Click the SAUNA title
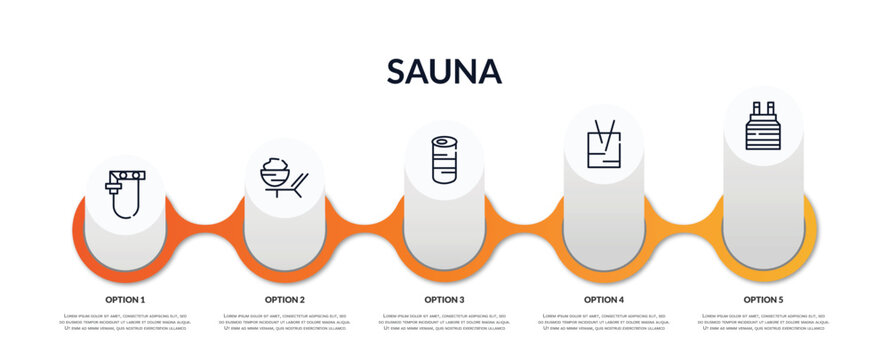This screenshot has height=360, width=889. tap(444, 71)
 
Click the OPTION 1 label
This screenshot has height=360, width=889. tap(125, 299)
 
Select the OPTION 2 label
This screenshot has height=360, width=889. tap(285, 299)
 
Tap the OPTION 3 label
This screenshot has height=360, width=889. tap(444, 299)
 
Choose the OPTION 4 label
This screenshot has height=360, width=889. tap(604, 299)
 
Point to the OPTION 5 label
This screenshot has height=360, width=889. tap(763, 299)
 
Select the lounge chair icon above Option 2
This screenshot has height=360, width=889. tap(284, 177)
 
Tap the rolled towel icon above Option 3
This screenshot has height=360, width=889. tap(444, 160)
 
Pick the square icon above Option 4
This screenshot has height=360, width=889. tap(604, 144)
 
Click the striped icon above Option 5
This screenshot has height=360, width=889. tap(763, 126)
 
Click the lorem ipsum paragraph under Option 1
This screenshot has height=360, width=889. tap(125, 322)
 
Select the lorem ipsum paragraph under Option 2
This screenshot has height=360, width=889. tap(285, 322)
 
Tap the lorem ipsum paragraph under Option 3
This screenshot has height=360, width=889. tap(444, 322)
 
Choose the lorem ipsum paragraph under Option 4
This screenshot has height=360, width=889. tap(604, 322)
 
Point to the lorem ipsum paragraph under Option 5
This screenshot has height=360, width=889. tap(763, 322)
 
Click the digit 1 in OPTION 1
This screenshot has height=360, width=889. tap(142, 299)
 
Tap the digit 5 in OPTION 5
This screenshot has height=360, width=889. tap(781, 299)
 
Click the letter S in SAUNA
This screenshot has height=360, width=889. tap(397, 71)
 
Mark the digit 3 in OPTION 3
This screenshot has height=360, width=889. tap(461, 299)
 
